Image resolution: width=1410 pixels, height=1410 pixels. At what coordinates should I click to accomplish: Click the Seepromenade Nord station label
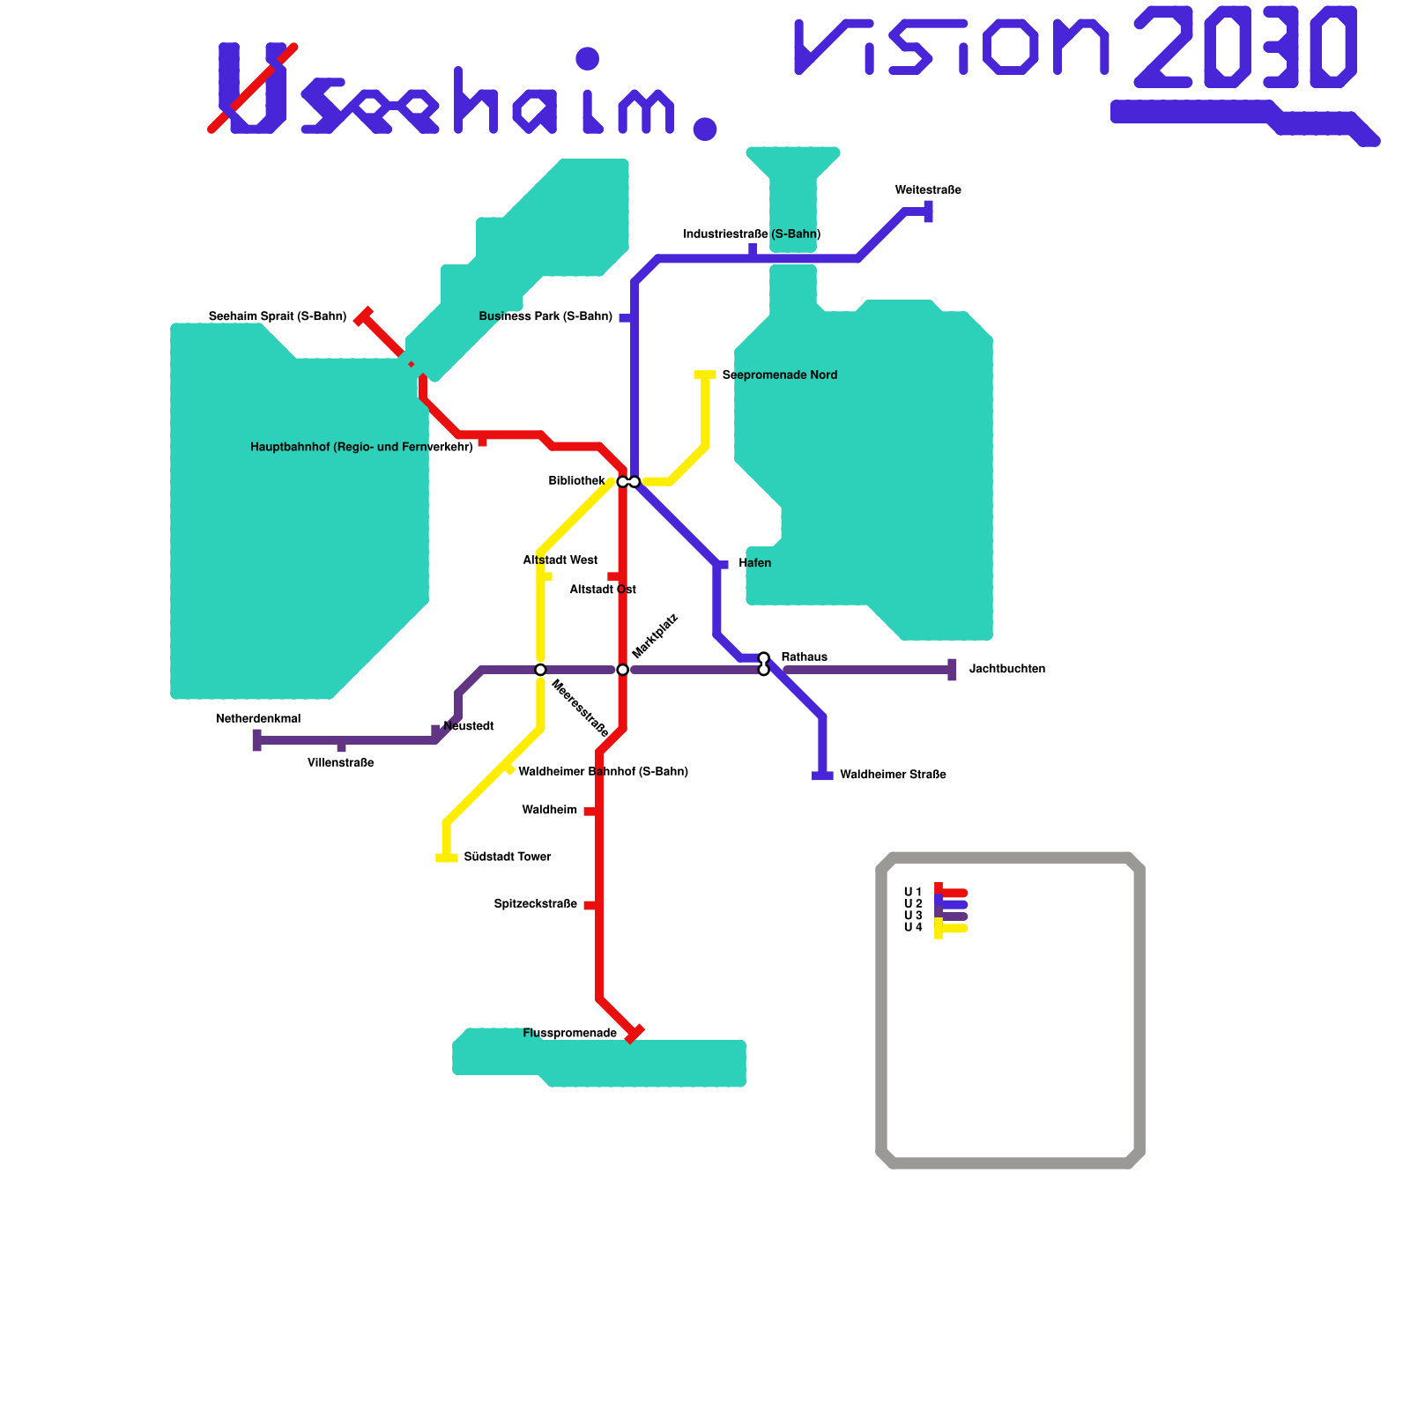tap(779, 375)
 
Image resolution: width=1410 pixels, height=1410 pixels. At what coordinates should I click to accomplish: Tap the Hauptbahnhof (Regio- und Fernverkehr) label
tap(361, 448)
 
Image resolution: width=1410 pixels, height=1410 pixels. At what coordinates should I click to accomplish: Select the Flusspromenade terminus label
tap(569, 1033)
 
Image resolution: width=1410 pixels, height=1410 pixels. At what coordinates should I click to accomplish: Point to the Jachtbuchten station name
tap(1006, 670)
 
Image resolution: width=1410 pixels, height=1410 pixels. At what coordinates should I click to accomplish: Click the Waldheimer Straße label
tap(893, 775)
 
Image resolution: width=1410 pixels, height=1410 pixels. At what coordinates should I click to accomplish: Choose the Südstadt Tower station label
tap(507, 857)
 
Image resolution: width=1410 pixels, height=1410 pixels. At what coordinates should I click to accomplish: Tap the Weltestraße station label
tap(927, 190)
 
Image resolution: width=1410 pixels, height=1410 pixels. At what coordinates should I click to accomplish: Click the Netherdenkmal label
tap(258, 719)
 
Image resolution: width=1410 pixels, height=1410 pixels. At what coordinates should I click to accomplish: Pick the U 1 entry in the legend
tap(913, 893)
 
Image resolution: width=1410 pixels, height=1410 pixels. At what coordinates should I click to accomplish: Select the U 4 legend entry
tap(913, 927)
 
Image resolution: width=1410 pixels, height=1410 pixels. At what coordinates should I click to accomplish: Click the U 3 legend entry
tap(913, 916)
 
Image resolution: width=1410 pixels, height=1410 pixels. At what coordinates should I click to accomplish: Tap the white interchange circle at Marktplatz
tap(622, 670)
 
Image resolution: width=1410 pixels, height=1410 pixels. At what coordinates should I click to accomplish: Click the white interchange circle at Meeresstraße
tap(540, 670)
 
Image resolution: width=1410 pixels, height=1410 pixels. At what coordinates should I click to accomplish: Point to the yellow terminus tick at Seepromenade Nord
tap(705, 375)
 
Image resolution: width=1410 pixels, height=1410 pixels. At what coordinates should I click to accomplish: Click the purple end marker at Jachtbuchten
tap(952, 670)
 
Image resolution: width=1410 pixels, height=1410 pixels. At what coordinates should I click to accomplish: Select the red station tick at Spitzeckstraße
tap(590, 905)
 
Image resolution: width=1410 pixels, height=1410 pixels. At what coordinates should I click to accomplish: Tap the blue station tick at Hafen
tap(723, 565)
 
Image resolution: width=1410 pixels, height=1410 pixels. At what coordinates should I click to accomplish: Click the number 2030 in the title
tap(1244, 48)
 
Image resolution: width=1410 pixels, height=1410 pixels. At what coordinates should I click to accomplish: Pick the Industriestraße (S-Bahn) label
tap(752, 234)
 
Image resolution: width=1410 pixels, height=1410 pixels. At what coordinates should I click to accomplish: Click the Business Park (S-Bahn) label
tap(545, 317)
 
